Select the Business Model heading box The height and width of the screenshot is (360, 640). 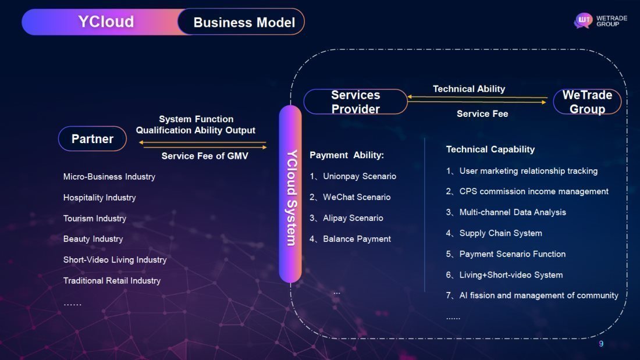pyautogui.click(x=243, y=23)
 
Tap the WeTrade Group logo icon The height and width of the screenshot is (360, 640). pyautogui.click(x=583, y=21)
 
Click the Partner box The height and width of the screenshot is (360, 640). pyautogui.click(x=92, y=139)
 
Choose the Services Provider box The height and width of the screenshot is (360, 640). pyautogui.click(x=355, y=102)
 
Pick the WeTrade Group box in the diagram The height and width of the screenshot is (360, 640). pyautogui.click(x=587, y=102)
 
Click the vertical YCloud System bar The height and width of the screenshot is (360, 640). pyautogui.click(x=290, y=194)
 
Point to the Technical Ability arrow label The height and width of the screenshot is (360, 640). pyautogui.click(x=469, y=89)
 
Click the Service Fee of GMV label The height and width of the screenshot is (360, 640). pyautogui.click(x=205, y=156)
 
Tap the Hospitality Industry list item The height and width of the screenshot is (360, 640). pyautogui.click(x=99, y=198)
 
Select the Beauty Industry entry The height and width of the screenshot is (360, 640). pyautogui.click(x=93, y=239)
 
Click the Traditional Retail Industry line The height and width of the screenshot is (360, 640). pyautogui.click(x=112, y=281)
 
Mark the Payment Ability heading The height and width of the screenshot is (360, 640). pyautogui.click(x=347, y=155)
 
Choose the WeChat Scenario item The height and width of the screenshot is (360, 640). pyautogui.click(x=356, y=197)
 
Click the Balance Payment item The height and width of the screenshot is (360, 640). pyautogui.click(x=356, y=239)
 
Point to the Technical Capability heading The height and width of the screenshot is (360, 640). pyautogui.click(x=490, y=149)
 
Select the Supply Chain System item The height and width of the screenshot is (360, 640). pyautogui.click(x=500, y=233)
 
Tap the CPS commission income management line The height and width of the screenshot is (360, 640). pyautogui.click(x=534, y=191)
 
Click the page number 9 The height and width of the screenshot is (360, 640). pyautogui.click(x=601, y=344)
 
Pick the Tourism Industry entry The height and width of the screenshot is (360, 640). pyautogui.click(x=95, y=219)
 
